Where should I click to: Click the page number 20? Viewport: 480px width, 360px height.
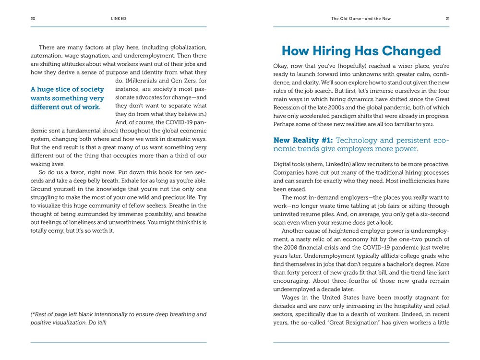point(33,19)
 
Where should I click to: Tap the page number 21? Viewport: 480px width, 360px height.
point(447,19)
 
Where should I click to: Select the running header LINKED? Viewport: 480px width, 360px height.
point(119,19)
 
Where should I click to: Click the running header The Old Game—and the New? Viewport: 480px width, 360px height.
point(361,19)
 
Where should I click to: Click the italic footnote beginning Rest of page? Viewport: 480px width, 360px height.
point(118,318)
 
